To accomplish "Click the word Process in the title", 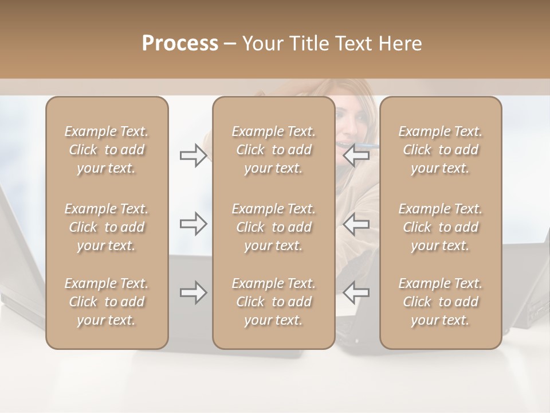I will (x=180, y=44).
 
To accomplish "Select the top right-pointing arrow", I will (x=193, y=155).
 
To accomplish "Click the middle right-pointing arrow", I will (x=193, y=224).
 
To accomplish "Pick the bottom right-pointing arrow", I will (x=193, y=293).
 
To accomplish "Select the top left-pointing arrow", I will (x=356, y=155).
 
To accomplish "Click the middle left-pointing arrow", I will (x=356, y=224).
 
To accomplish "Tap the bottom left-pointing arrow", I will (x=356, y=293).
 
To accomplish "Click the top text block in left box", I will (x=107, y=150).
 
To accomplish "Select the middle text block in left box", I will (x=107, y=227).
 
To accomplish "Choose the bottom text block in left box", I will (x=107, y=302).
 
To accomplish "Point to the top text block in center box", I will (x=273, y=150).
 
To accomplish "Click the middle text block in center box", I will (x=273, y=227).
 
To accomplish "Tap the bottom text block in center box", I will (x=273, y=302).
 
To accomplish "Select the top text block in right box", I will (x=440, y=150).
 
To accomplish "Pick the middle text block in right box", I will (x=440, y=227).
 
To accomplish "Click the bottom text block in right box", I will (x=440, y=302).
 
